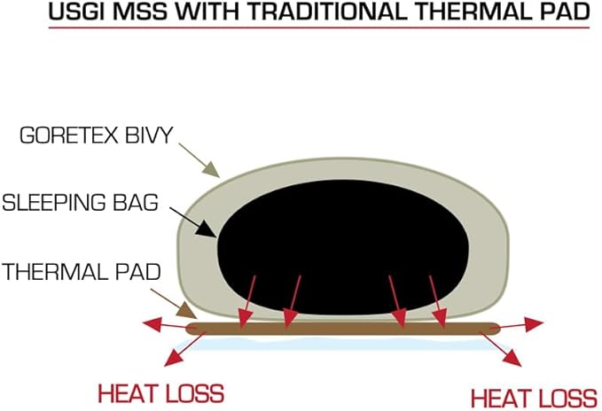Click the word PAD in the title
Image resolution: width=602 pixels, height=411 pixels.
(565, 12)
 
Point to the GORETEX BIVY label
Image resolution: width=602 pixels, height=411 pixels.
(97, 136)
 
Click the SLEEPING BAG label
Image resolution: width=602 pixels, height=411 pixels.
(81, 203)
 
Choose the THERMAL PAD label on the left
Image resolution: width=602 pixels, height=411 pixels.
(82, 272)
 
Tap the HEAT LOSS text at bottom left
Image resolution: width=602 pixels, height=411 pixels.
(161, 393)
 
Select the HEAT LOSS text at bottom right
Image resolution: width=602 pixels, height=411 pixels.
(534, 398)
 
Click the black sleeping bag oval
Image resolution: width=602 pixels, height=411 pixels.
(343, 247)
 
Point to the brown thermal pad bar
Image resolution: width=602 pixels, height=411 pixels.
(343, 329)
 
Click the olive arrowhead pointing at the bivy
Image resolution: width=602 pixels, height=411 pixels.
(211, 170)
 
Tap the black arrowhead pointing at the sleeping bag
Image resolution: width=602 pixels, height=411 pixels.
(207, 230)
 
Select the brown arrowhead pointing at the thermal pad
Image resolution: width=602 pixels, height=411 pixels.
(187, 310)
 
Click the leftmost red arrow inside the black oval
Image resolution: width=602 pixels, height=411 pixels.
(246, 302)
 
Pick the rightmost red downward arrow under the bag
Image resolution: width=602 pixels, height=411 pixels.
(438, 302)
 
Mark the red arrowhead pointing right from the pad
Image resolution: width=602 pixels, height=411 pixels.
(534, 324)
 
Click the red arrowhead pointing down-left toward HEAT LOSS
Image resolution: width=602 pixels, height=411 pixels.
(173, 357)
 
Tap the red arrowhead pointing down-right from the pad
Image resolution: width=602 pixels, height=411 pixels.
(512, 358)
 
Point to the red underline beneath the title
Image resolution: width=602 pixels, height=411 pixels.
(319, 27)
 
